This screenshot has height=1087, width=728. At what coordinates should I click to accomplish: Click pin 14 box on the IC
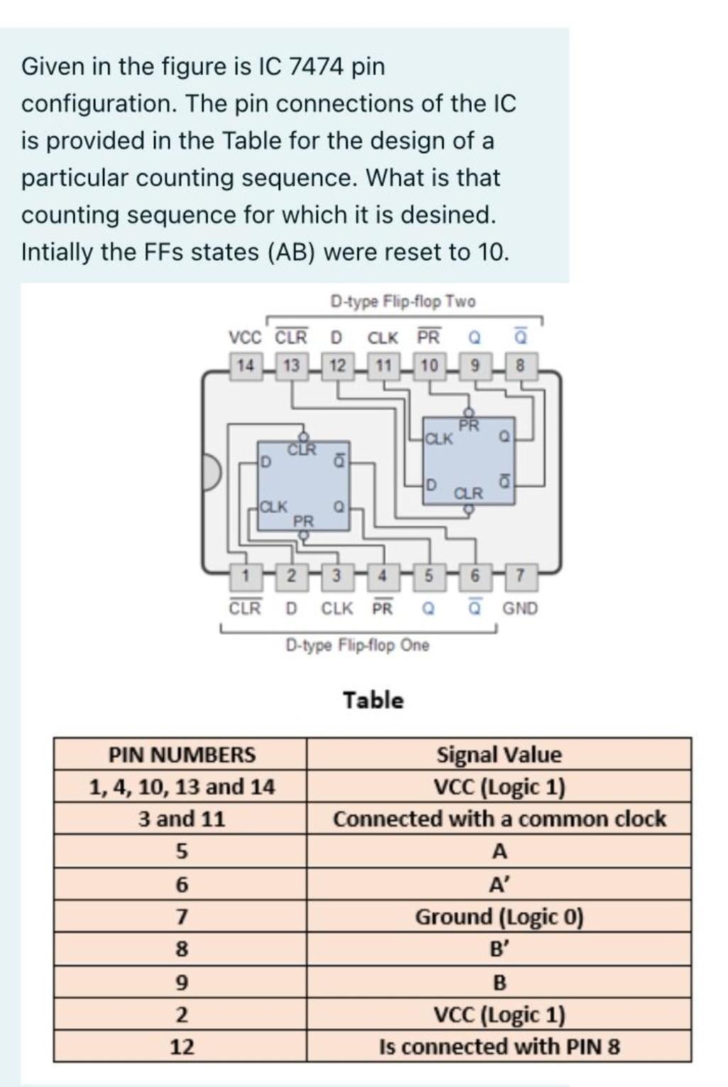coord(246,366)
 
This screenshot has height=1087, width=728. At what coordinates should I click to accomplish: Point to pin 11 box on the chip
coord(383,366)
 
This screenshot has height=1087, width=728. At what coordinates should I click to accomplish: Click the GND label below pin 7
coord(520,608)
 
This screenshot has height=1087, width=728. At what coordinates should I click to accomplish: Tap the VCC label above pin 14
coord(245,337)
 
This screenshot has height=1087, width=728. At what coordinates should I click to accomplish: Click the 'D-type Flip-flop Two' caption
coord(403,302)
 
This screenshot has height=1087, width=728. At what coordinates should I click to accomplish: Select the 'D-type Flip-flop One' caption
coord(357,645)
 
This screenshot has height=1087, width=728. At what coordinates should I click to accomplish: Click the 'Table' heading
coord(373,701)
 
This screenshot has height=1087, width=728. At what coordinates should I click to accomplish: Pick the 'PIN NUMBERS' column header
coord(182,754)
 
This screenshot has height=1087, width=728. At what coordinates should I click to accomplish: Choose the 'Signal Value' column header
coord(499,754)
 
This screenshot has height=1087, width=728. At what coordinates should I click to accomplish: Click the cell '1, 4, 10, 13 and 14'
coord(182,786)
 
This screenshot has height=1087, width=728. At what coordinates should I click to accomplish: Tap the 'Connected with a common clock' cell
coord(499,819)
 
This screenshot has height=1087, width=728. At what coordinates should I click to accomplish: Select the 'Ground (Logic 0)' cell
coord(499,917)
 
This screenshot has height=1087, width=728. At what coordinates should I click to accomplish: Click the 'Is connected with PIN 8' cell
coord(499,1047)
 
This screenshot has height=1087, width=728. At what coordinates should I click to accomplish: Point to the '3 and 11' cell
coord(182,819)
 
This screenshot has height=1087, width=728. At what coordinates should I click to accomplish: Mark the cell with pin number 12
coord(182,1047)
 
